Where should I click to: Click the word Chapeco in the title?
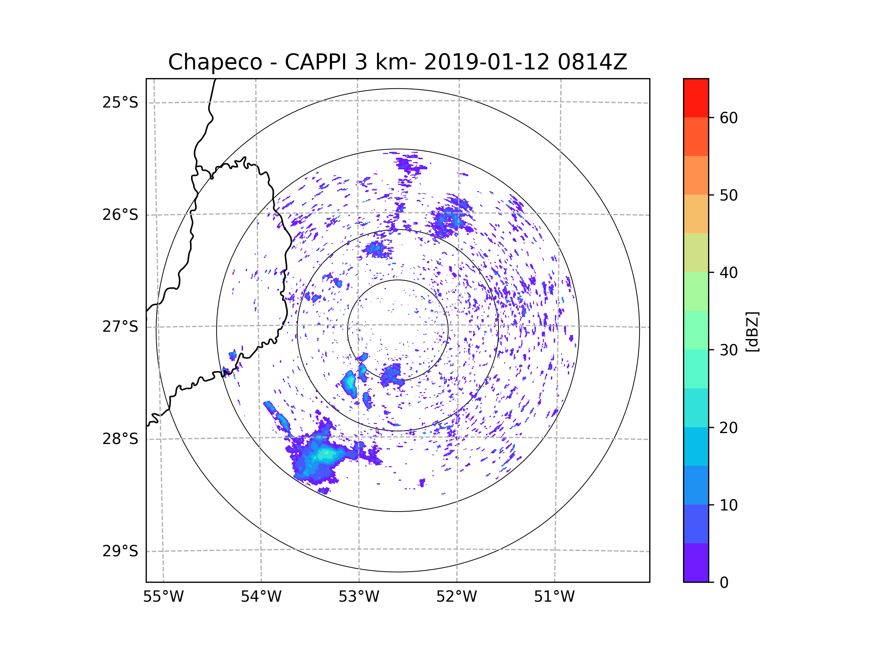coord(215,62)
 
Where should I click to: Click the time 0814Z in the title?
coord(592,62)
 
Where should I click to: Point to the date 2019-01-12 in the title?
coord(486,62)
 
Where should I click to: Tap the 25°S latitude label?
coord(120,102)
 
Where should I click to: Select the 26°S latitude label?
coord(120,215)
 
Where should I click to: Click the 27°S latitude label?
coord(120,327)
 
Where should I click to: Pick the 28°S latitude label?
coord(120,439)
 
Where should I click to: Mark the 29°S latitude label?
coord(120,551)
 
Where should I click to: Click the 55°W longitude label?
coord(163,597)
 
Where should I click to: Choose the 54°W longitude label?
coord(261,597)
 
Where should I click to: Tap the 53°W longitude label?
coord(359,597)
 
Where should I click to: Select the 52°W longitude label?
coord(456,597)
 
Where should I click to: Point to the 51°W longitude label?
coord(554,597)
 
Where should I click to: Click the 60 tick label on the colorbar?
coord(728,118)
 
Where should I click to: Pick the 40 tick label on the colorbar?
coord(728,273)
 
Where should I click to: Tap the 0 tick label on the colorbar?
coord(724,583)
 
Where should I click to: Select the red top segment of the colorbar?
coord(696,98)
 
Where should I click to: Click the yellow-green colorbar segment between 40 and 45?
coord(696,253)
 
